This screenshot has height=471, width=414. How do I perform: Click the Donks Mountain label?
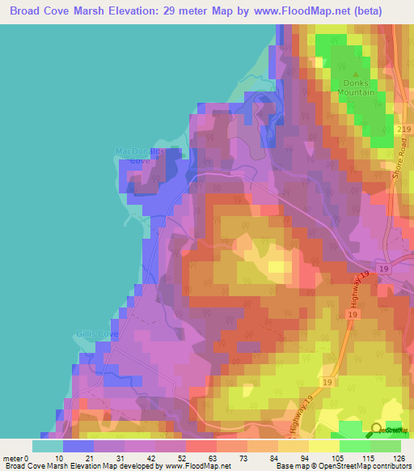pos(354,87)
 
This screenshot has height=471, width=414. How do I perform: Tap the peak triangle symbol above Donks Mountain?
pos(354,74)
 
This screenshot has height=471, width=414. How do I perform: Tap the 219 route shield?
pos(403,129)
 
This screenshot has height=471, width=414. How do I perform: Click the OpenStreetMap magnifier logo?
pos(377,431)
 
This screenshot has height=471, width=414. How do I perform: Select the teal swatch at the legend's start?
pos(47,445)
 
